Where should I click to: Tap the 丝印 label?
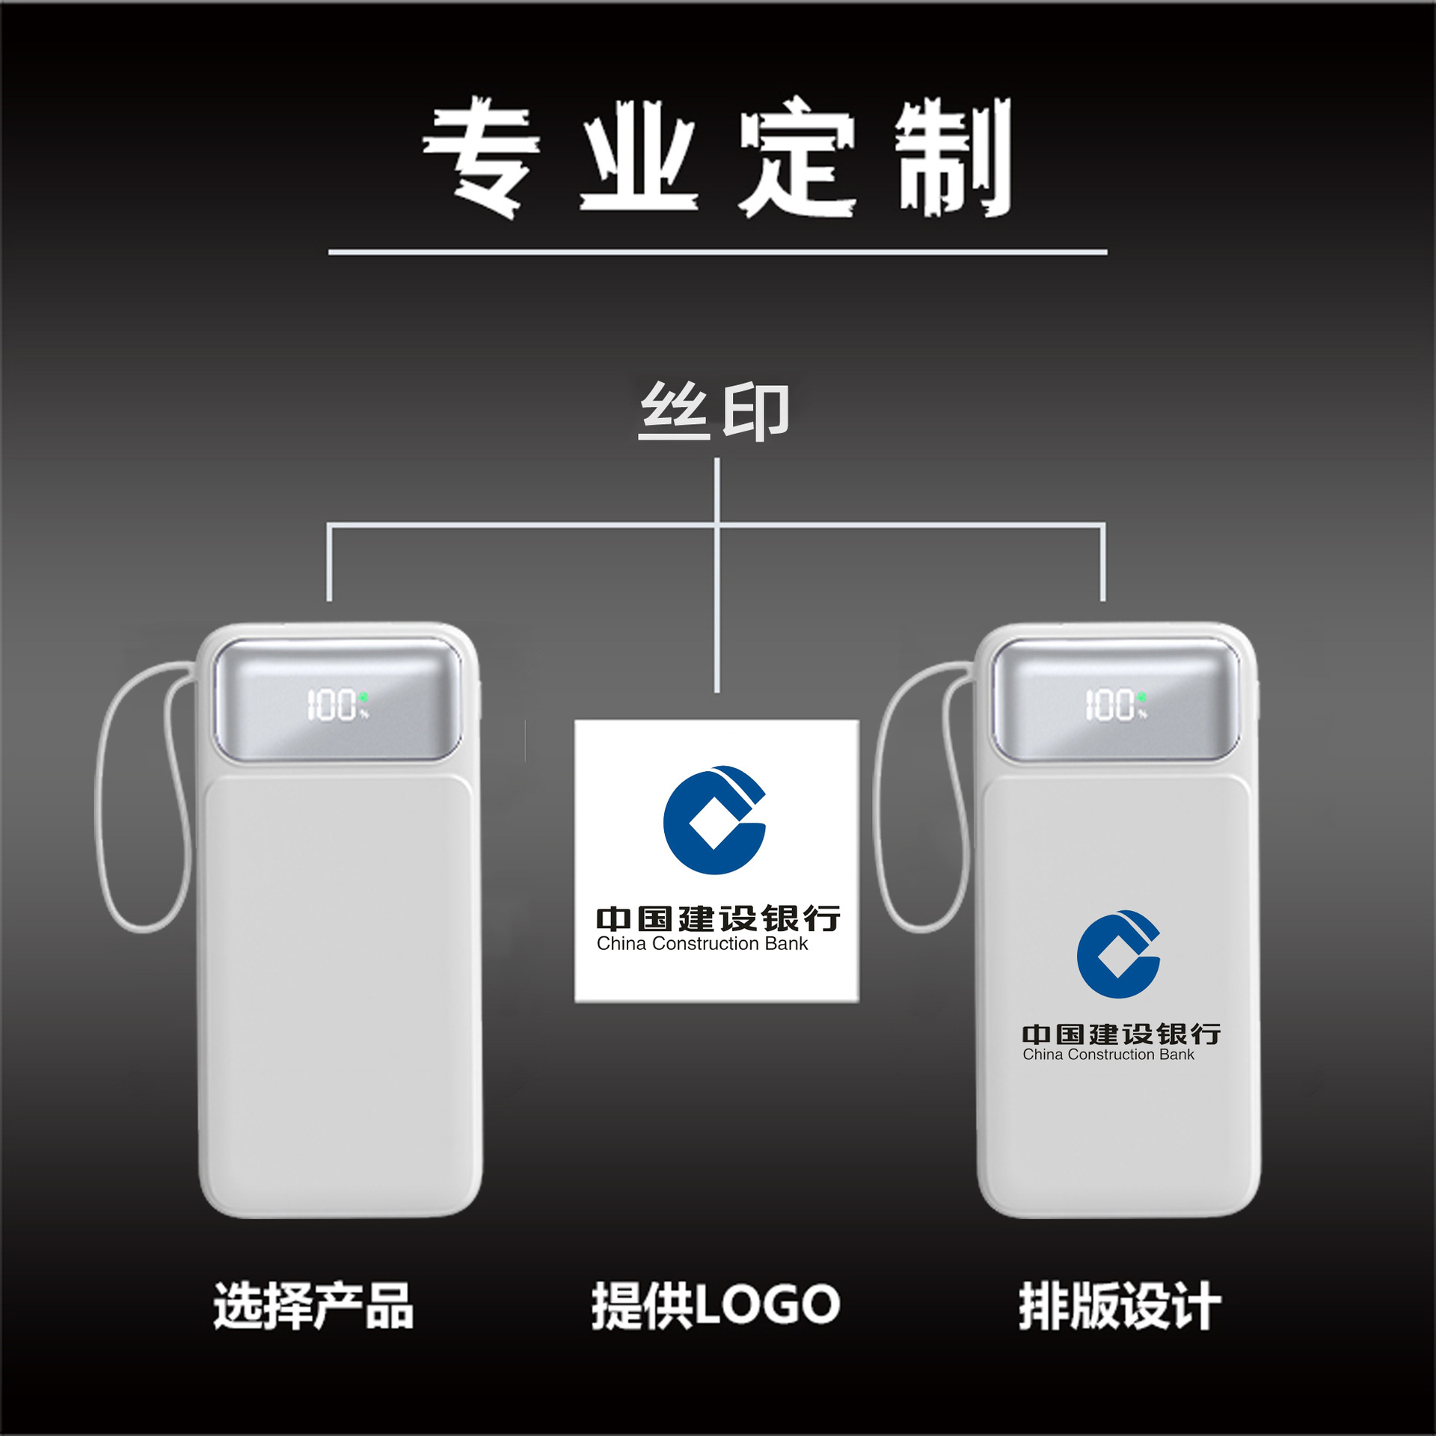click(714, 411)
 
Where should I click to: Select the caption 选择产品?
click(313, 1305)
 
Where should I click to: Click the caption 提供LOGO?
click(716, 1305)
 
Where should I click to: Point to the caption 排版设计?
click(1120, 1305)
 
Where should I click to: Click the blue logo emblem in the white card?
click(714, 820)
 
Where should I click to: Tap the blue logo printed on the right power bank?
click(1118, 954)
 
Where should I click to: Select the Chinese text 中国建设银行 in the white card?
click(718, 918)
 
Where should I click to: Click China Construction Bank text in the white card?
click(702, 944)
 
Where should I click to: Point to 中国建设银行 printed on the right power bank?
click(1121, 1034)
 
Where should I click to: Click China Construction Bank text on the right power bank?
click(1108, 1055)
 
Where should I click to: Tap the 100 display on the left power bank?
click(333, 705)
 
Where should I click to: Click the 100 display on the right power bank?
click(1110, 705)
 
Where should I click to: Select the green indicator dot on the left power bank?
click(363, 696)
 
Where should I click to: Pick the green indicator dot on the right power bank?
click(1141, 696)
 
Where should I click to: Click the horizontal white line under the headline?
click(717, 253)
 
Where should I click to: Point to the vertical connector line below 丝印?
click(717, 598)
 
